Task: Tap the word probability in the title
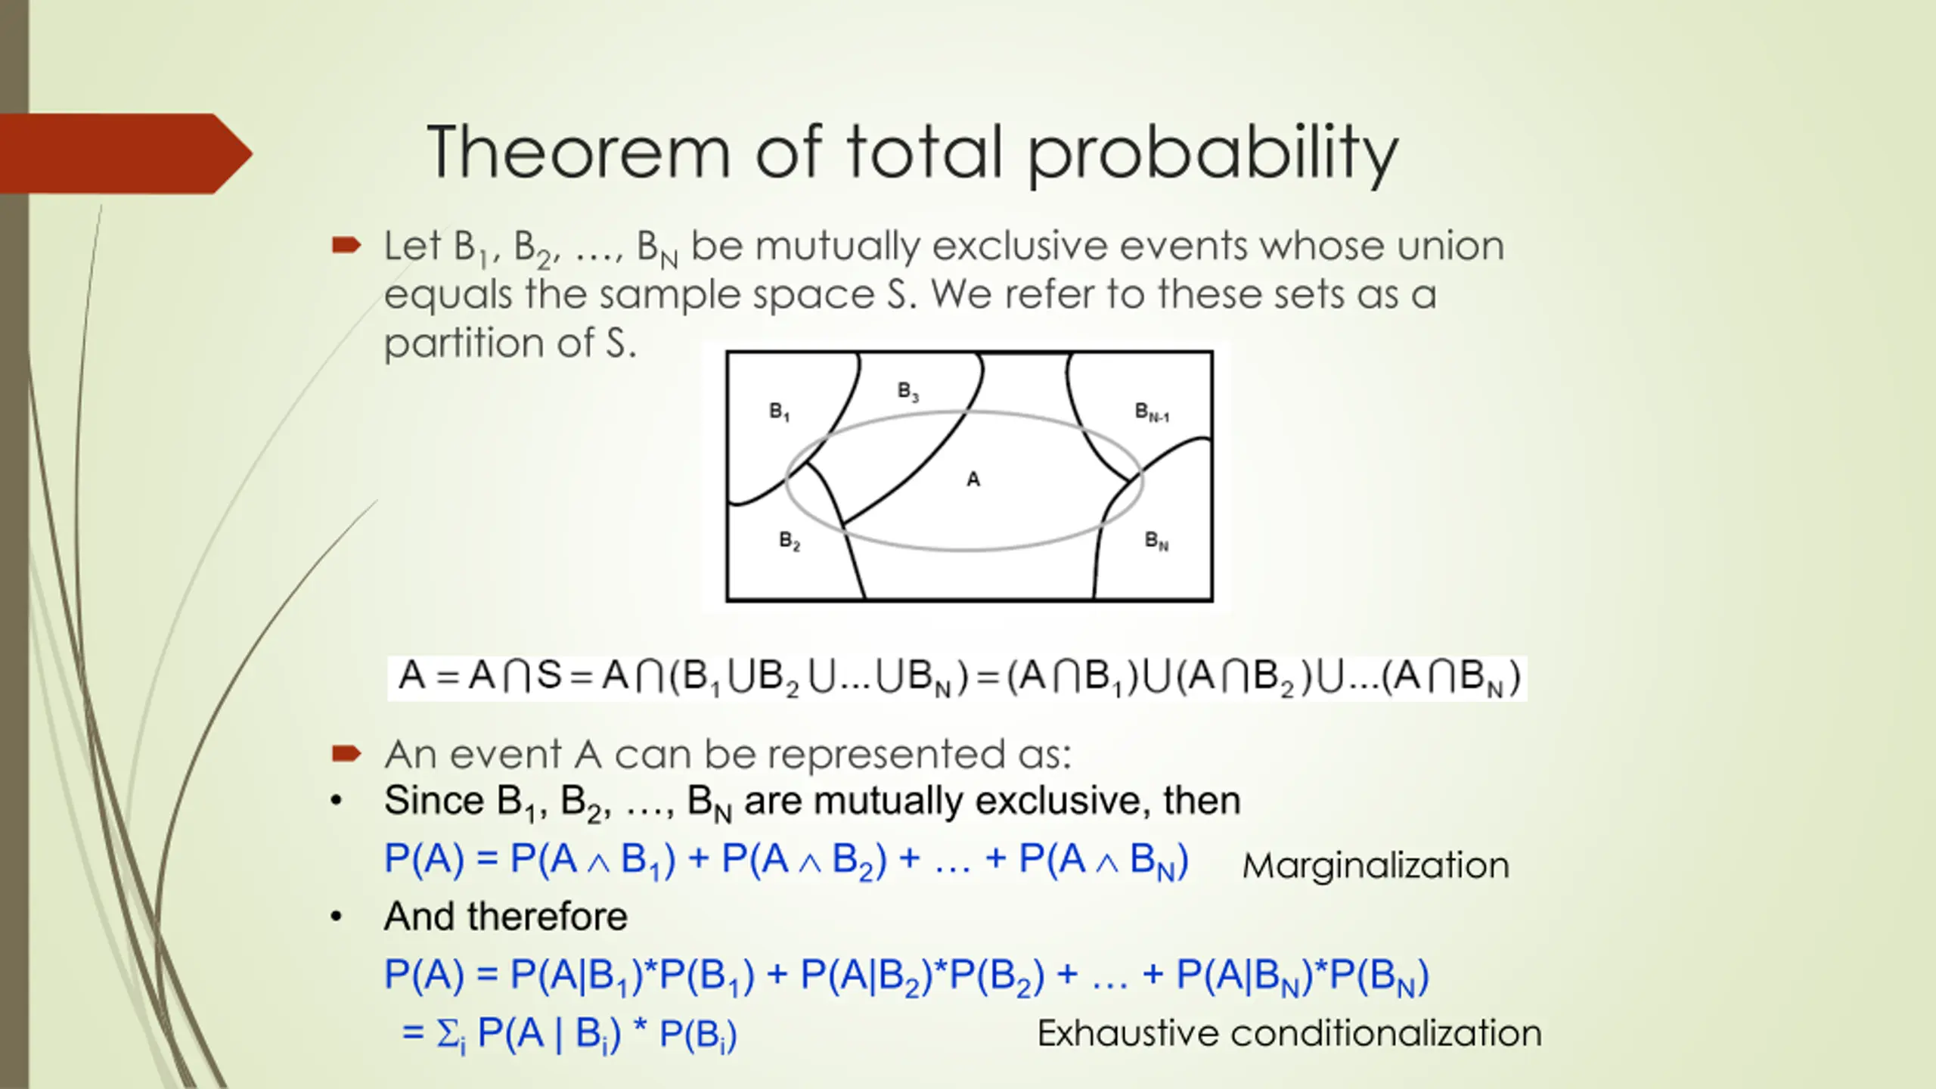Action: (x=1213, y=155)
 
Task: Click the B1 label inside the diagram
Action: (x=780, y=411)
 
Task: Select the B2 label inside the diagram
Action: (x=790, y=541)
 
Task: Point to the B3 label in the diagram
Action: (x=908, y=391)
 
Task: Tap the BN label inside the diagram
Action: (x=1156, y=541)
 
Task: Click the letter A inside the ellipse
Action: (x=973, y=479)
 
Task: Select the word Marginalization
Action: (x=1376, y=865)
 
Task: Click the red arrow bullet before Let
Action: (x=346, y=245)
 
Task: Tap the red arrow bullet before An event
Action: (x=346, y=753)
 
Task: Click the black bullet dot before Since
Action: (x=337, y=801)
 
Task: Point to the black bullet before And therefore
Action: (x=337, y=917)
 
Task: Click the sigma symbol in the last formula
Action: (x=447, y=1033)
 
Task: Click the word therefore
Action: (x=547, y=917)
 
